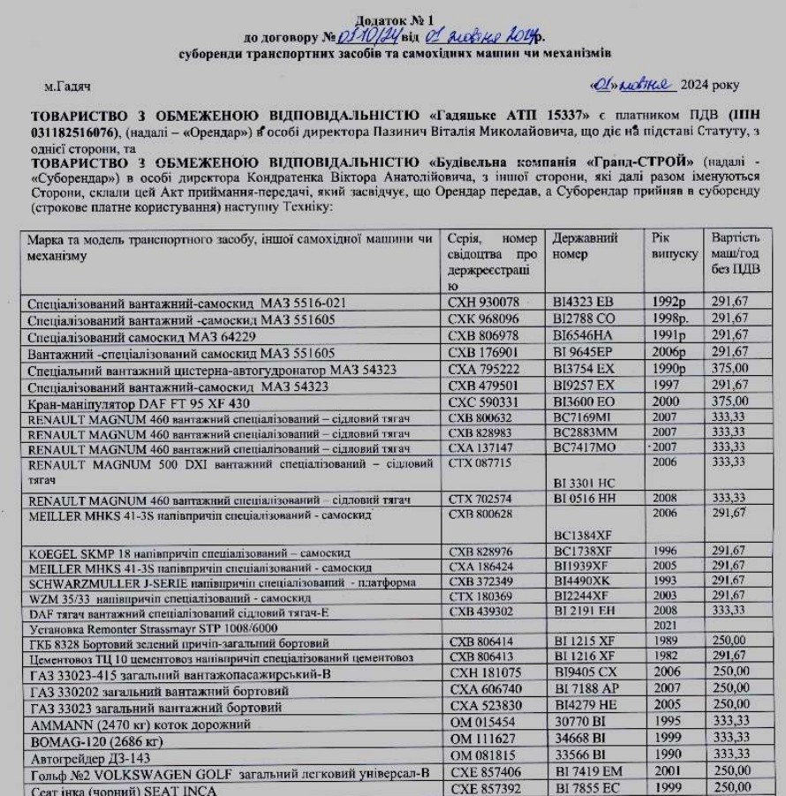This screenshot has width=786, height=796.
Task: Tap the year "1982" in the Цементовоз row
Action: point(664,657)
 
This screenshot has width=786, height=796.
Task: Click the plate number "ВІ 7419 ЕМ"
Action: point(587,772)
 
